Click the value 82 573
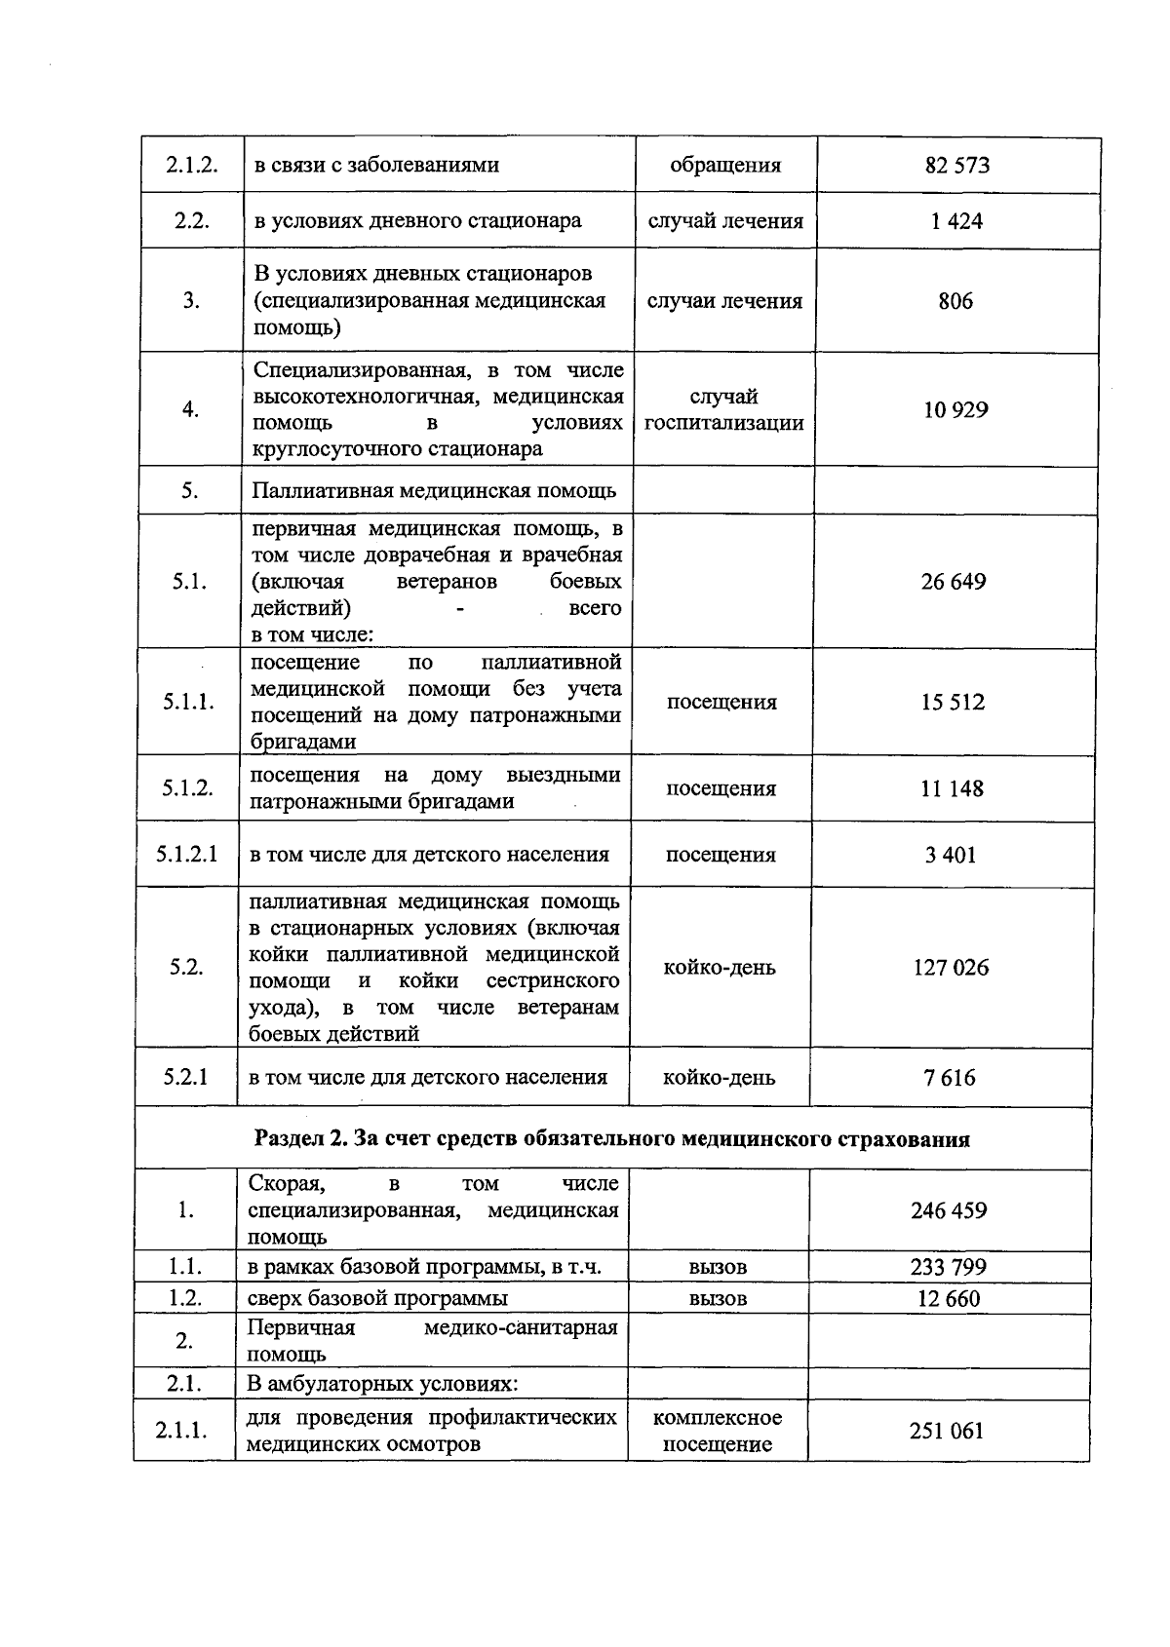(956, 166)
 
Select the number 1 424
(955, 221)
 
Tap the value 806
(955, 301)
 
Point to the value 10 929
(955, 410)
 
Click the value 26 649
(953, 582)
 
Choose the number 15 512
(953, 703)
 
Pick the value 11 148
(952, 788)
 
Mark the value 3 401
(951, 855)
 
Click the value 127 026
(951, 968)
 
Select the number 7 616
(951, 1078)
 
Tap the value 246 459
(949, 1210)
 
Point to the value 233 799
(949, 1267)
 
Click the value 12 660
(949, 1298)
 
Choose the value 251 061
(947, 1431)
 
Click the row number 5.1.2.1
(187, 855)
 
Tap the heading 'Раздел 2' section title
(611, 1138)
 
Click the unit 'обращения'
(725, 166)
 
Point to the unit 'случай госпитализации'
(723, 410)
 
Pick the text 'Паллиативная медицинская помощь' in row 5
(434, 490)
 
